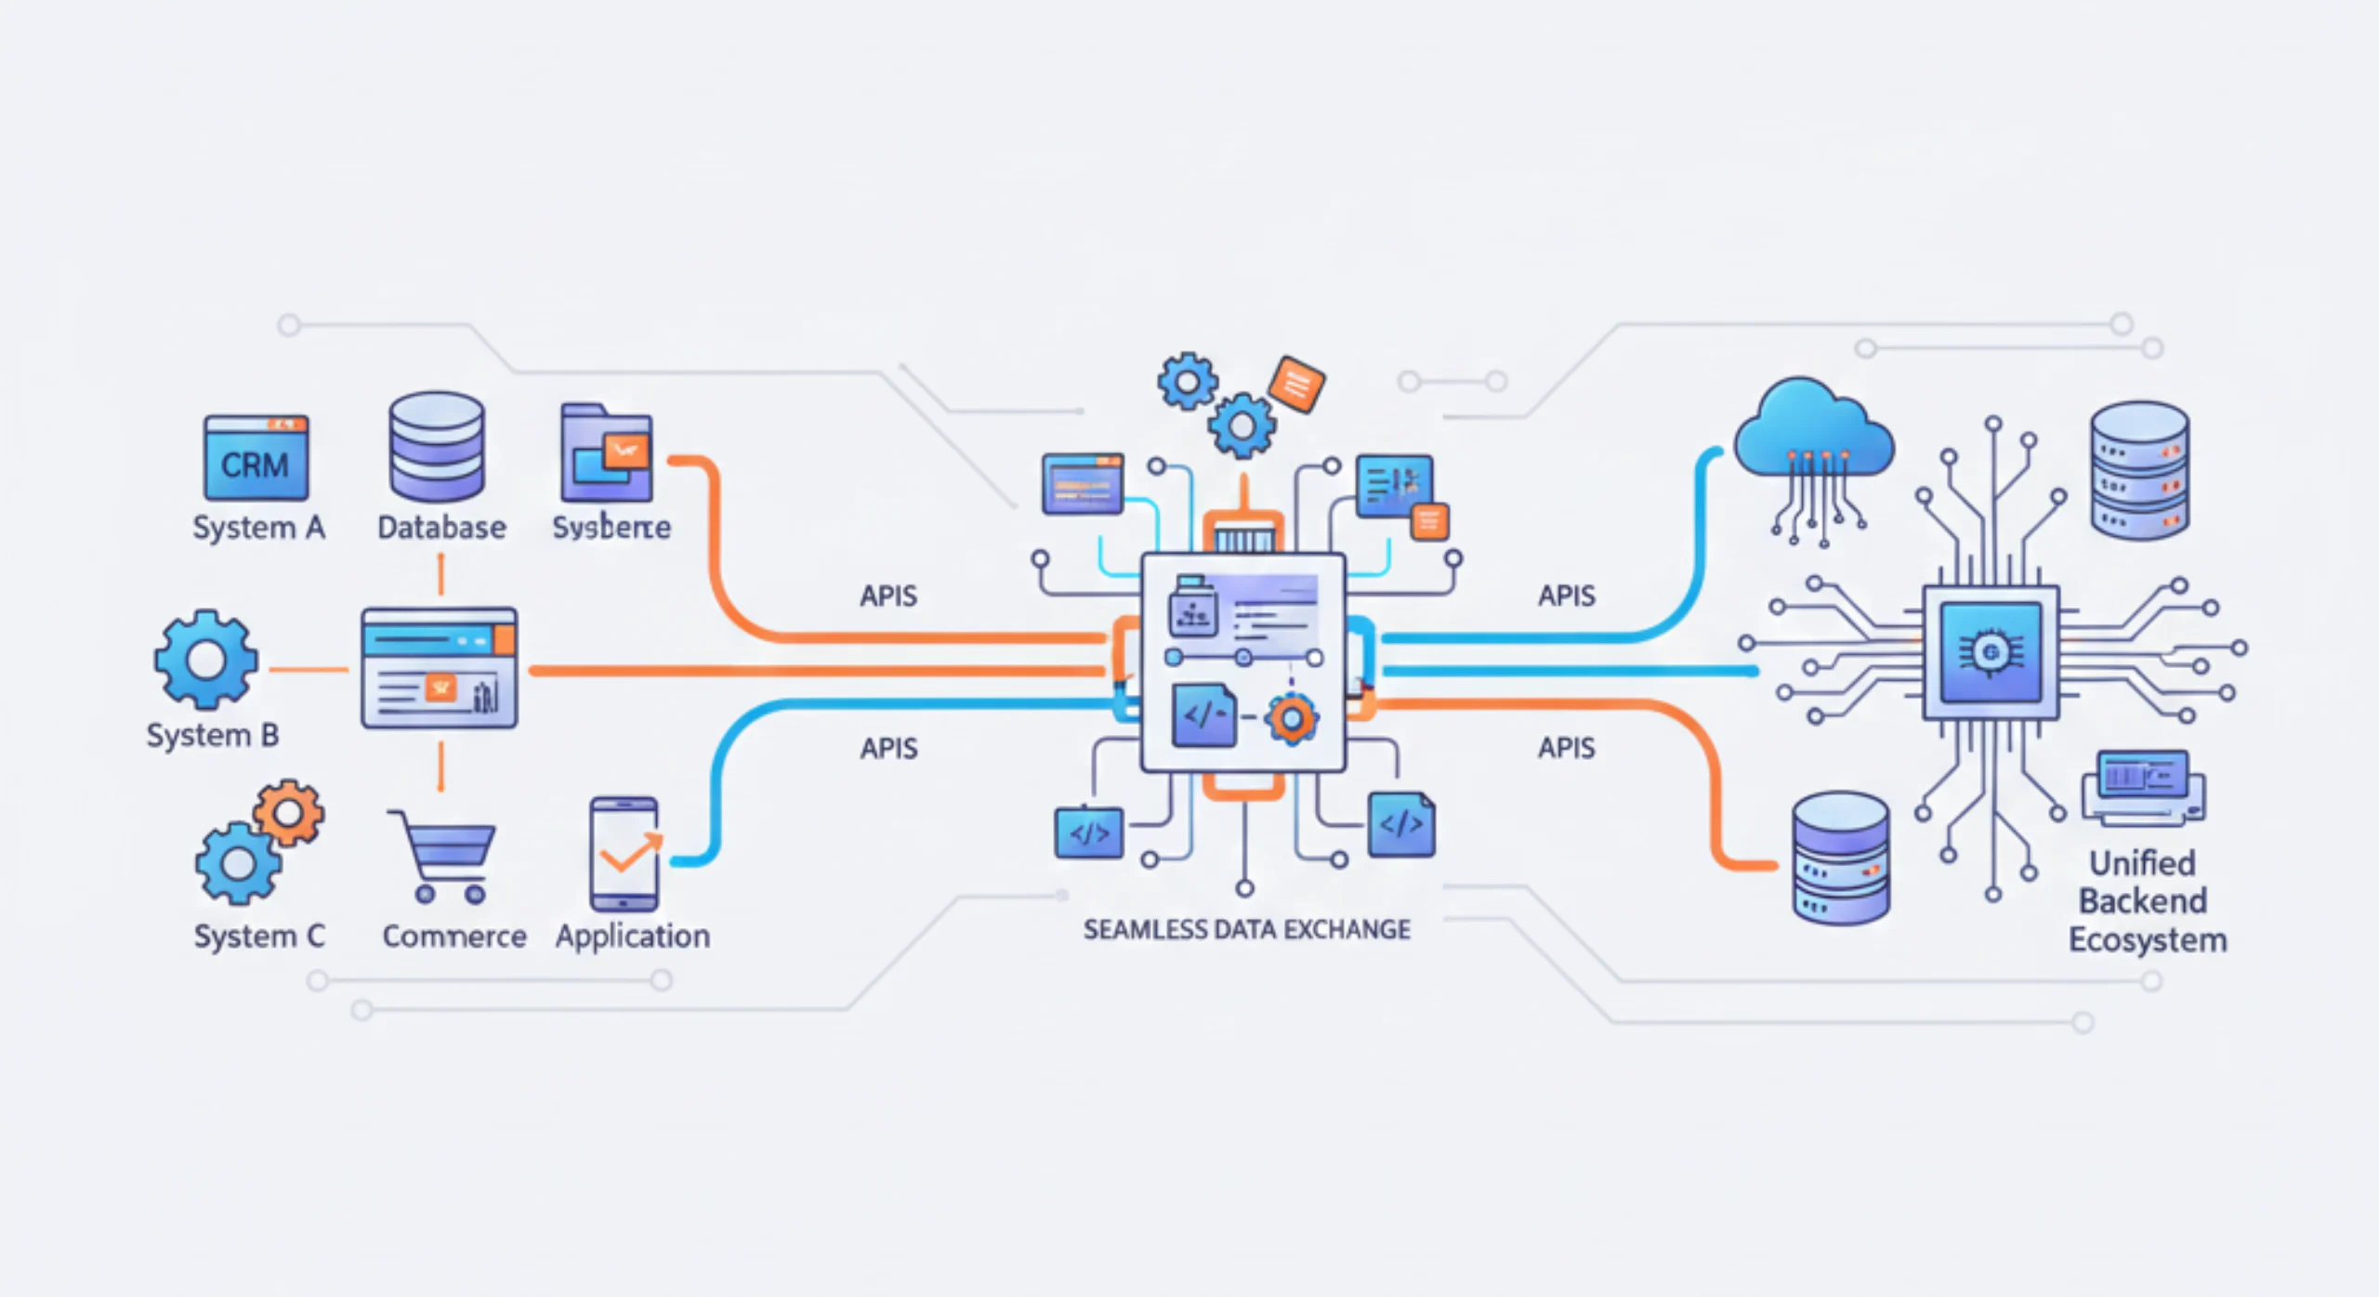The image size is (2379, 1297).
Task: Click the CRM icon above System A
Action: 256,458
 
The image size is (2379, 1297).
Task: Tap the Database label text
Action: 441,528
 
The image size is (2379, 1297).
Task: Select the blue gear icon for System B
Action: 205,661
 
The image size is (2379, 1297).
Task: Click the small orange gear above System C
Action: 289,813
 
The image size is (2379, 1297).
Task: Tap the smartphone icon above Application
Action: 624,854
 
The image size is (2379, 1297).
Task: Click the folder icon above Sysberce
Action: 606,454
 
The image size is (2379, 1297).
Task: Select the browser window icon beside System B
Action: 439,668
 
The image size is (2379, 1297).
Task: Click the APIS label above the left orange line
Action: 888,596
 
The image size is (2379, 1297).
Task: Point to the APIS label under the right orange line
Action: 1566,748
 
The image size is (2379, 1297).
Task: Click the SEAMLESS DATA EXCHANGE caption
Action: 1246,929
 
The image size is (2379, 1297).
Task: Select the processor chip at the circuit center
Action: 1991,652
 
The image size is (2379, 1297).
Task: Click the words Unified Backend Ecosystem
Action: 2146,901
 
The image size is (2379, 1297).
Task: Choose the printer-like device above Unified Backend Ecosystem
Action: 2143,788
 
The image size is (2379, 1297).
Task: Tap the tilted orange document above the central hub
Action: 1296,383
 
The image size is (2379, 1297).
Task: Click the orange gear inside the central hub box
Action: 1291,718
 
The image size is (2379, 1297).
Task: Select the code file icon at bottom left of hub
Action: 1088,833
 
